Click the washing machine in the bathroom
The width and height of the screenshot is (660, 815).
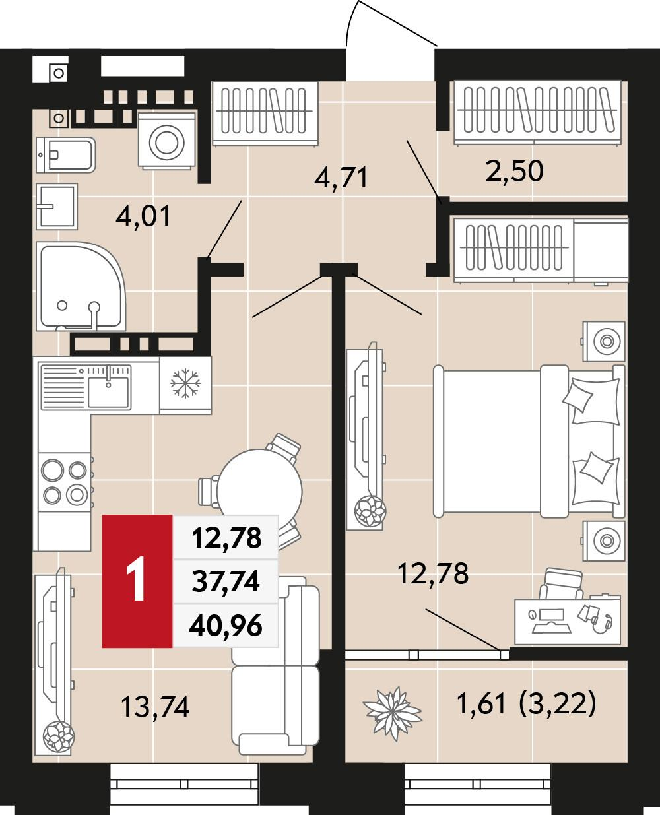[167, 141]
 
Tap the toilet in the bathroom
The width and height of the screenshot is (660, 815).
[65, 155]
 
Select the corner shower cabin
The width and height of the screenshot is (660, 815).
[81, 286]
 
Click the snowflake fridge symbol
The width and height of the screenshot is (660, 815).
[185, 383]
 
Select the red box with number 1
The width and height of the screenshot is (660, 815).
[137, 581]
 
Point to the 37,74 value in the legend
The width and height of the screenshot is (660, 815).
[226, 581]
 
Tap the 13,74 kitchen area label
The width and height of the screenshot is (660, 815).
[155, 707]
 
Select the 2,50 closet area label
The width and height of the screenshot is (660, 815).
[514, 171]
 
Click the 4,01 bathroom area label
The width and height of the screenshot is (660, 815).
[143, 216]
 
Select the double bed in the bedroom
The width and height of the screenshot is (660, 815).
[529, 441]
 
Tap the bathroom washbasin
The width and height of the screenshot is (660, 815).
[57, 207]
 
